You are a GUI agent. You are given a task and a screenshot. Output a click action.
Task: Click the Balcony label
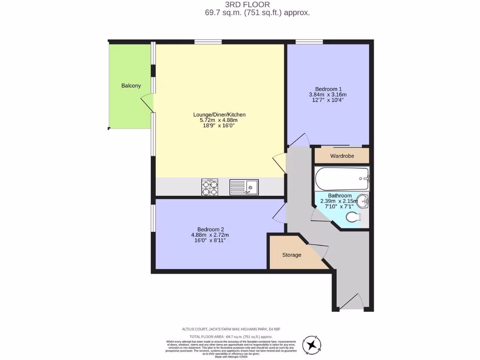[x=131, y=85]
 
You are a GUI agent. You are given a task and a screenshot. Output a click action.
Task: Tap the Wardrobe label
[x=342, y=156]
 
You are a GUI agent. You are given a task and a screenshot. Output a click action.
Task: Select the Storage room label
[x=291, y=255]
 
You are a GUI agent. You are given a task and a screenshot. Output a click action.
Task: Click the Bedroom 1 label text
[x=328, y=89]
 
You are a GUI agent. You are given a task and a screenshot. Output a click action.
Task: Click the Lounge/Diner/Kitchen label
[x=219, y=114]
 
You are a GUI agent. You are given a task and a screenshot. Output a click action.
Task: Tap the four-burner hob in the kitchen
[x=210, y=187]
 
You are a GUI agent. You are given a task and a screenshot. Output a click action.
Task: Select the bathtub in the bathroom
[x=342, y=179]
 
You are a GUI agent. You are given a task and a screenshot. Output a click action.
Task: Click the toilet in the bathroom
[x=352, y=217]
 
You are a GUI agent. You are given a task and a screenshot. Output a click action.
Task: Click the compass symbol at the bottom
[x=311, y=345]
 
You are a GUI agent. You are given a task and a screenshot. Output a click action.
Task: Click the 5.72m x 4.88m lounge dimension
[x=219, y=120]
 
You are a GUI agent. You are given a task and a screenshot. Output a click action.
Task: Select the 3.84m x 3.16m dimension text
[x=328, y=95]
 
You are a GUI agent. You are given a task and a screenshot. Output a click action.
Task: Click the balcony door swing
[x=147, y=103]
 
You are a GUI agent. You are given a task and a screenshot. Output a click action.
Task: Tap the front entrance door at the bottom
[x=352, y=302]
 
